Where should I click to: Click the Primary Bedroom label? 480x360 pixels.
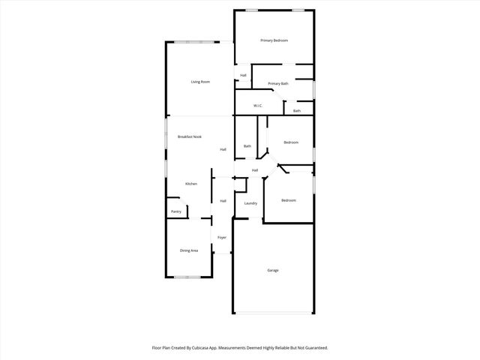pos(274,40)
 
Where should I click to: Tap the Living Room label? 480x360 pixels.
pos(199,82)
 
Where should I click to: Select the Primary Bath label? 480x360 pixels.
pos(278,83)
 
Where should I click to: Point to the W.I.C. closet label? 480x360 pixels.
pos(257,106)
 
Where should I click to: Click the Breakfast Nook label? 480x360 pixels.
pos(190,136)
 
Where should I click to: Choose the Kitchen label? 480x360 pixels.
pos(191,184)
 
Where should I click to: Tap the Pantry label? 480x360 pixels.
pos(176,211)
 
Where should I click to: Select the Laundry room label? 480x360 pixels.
pos(250,203)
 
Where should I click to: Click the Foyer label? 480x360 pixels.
pos(222,238)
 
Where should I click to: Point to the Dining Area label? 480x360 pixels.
pos(189,250)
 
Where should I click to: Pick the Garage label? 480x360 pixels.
pos(273,270)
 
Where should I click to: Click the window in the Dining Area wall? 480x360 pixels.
pos(187,277)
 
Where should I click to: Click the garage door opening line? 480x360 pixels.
pos(273,313)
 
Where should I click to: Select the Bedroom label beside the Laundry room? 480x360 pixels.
pos(289,200)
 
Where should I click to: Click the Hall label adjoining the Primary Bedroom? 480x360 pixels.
pos(243,76)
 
